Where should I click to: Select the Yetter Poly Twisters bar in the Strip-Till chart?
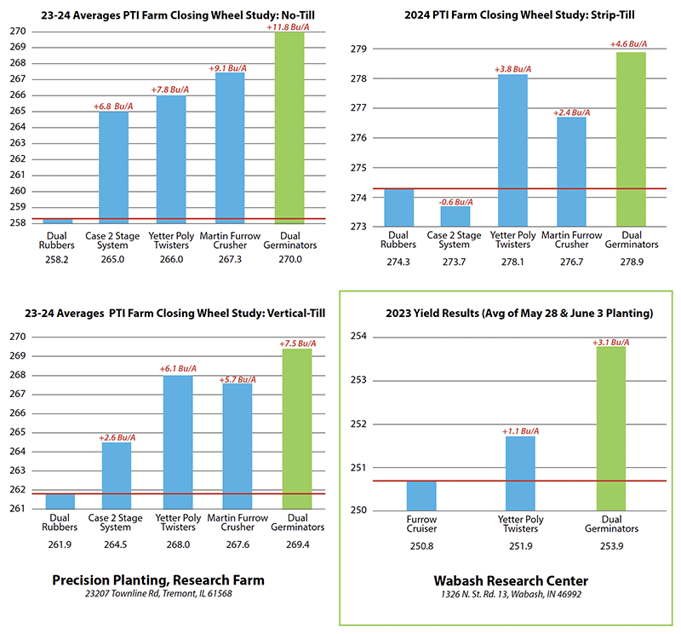[512, 149]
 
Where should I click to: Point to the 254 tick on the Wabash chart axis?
[359, 337]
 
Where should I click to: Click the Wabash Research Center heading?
[509, 580]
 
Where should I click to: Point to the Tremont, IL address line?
[158, 595]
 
